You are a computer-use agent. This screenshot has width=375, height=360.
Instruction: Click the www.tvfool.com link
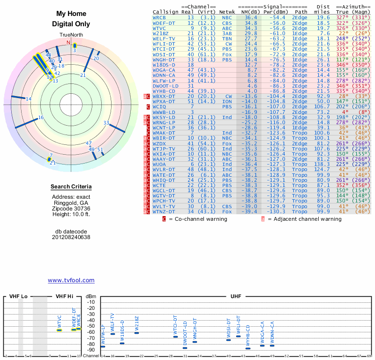(71, 280)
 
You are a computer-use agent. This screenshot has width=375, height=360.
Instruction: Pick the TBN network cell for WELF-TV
(227, 38)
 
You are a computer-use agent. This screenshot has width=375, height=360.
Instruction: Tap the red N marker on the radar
(68, 43)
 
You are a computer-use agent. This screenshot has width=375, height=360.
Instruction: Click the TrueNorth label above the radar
(71, 35)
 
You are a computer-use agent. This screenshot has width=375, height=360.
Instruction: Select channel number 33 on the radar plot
(106, 123)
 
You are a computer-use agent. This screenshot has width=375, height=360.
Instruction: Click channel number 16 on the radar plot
(41, 118)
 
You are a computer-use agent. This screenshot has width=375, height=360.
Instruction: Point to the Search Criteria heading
(71, 187)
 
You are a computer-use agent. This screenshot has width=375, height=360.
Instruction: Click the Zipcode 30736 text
(71, 209)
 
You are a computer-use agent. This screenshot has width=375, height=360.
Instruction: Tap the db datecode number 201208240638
(71, 237)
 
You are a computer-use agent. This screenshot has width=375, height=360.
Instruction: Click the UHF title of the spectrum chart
(236, 297)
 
